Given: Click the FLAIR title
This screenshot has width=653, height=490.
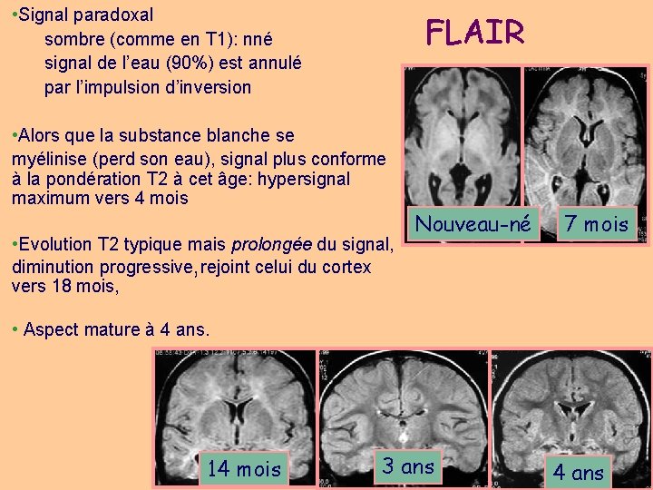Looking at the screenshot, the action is pyautogui.click(x=475, y=33).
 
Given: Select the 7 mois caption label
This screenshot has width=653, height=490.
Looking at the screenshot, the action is pyautogui.click(x=595, y=224).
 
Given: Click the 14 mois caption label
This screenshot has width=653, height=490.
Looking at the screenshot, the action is pyautogui.click(x=244, y=469).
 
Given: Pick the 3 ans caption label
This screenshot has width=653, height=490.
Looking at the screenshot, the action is pyautogui.click(x=408, y=466).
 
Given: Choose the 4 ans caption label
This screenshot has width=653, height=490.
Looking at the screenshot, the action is pyautogui.click(x=579, y=472).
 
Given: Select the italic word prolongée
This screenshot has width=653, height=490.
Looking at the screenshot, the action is pyautogui.click(x=271, y=244).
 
